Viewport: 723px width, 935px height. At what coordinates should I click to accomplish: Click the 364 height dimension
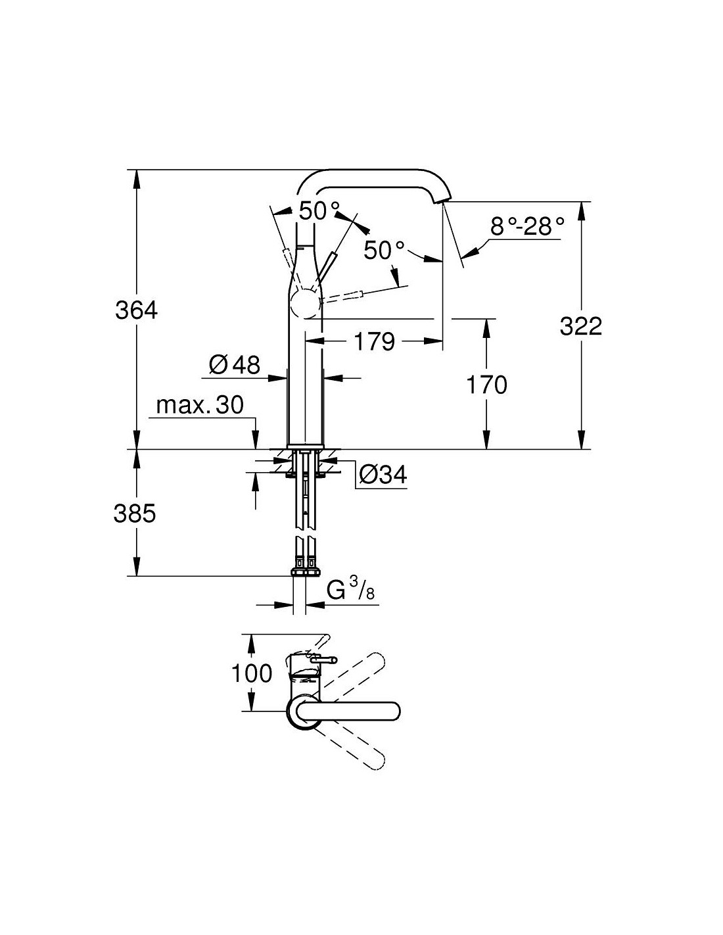pos(137,309)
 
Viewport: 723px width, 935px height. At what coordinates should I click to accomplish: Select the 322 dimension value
pos(580,325)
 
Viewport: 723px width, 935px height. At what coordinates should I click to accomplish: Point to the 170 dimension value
pos(486,384)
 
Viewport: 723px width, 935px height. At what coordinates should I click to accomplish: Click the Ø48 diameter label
pos(235,364)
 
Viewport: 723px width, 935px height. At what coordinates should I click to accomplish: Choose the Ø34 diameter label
pos(384,473)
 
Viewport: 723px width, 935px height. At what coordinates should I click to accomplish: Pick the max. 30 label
pos(200,405)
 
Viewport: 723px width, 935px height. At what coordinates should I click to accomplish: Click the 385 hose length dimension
pos(135,513)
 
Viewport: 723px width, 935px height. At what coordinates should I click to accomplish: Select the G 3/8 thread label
pos(350,591)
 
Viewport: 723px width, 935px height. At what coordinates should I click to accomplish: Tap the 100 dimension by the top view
pos(252,673)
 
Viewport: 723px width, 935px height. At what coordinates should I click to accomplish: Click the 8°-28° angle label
pos(527,227)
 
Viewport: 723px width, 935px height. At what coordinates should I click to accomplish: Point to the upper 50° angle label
pos(319,210)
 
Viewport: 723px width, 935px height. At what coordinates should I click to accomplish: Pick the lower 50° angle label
pos(385,250)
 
